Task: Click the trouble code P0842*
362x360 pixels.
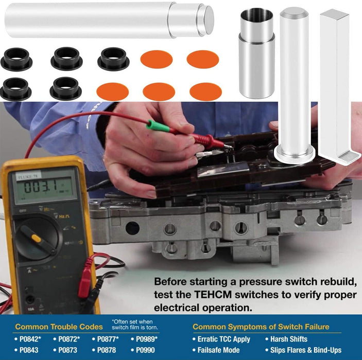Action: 30,339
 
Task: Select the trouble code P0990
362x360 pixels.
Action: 146,350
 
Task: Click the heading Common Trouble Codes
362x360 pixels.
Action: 59,327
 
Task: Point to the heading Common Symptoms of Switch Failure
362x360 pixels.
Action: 261,327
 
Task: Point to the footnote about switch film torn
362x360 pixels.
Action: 135,326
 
